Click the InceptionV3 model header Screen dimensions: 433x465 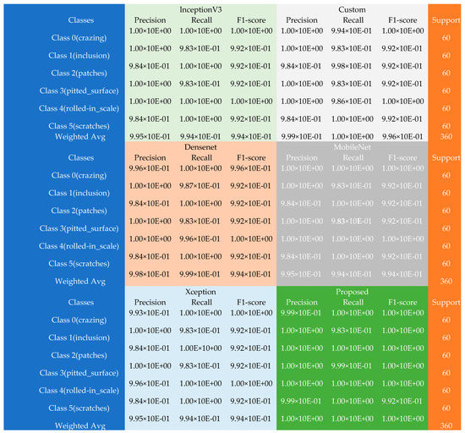pos(200,8)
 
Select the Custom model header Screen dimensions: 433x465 pos(352,8)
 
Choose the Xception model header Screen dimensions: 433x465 pos(200,290)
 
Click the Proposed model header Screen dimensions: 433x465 pos(352,290)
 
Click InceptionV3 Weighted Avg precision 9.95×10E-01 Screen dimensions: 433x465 pos(155,135)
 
